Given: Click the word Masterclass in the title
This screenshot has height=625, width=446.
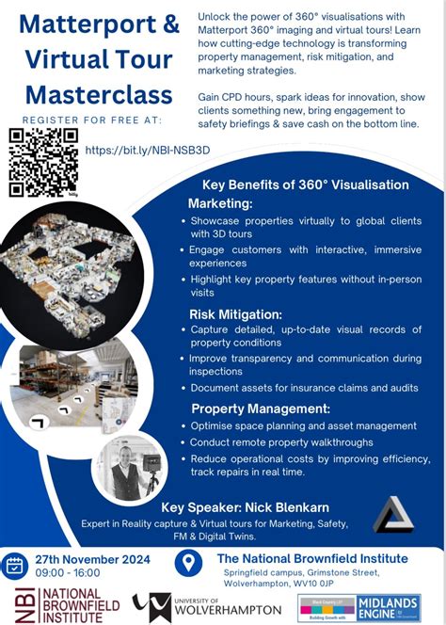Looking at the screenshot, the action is point(99,95).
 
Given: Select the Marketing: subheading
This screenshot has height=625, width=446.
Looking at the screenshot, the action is point(220,204).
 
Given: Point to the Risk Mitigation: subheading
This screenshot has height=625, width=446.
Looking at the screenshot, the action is point(235,314).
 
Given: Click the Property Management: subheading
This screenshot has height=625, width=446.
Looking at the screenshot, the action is point(260,409).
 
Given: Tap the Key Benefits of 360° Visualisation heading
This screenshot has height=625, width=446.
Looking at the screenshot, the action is point(305,184).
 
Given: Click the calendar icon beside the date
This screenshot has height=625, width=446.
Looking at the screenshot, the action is point(14,566).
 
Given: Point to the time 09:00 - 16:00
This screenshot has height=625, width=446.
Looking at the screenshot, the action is point(69,572).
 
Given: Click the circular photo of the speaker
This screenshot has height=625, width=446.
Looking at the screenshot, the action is point(129,467).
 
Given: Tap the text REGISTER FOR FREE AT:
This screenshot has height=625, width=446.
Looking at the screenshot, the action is point(92,120).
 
